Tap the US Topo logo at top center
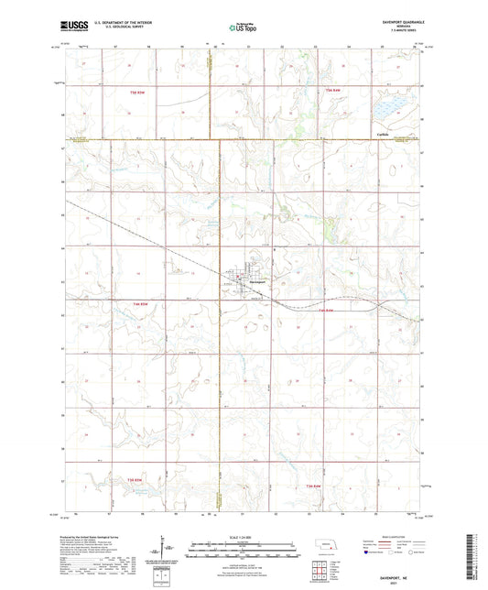coord(243,28)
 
